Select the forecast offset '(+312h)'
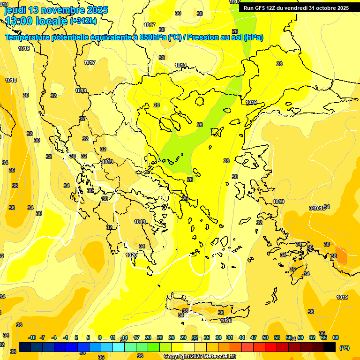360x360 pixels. point(83,21)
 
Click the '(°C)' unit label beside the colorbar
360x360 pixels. point(344,347)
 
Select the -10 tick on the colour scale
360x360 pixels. point(32,337)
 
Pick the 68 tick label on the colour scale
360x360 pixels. point(336,337)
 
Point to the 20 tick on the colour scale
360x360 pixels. point(148,337)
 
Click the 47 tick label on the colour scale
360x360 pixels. point(254,337)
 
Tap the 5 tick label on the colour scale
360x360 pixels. point(88,337)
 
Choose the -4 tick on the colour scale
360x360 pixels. point(54,337)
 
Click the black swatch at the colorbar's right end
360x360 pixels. point(330,347)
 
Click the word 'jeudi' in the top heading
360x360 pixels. point(15,10)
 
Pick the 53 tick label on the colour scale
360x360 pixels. point(277,337)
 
